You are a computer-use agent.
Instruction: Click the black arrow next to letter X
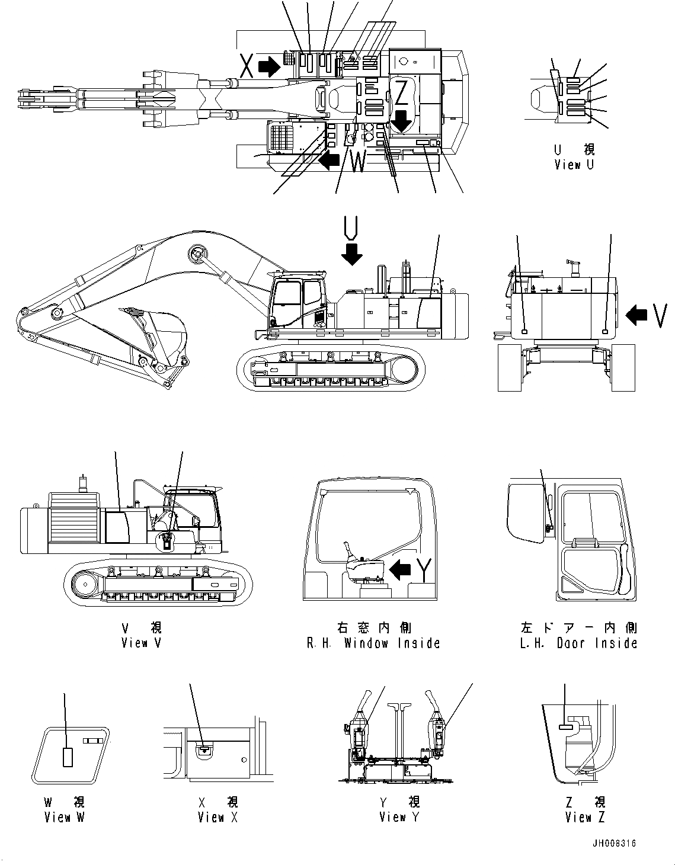270,67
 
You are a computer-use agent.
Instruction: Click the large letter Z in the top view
401,93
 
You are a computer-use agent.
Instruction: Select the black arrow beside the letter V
637,315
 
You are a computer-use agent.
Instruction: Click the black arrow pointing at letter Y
401,569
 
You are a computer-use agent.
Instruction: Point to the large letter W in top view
358,162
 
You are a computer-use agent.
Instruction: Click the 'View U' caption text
574,165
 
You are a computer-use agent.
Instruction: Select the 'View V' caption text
141,643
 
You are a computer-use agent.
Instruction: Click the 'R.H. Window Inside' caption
373,643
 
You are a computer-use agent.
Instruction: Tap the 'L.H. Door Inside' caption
578,643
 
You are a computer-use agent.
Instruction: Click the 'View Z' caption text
585,818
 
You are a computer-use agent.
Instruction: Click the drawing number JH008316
613,844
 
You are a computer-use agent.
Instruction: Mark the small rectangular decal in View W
68,757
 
